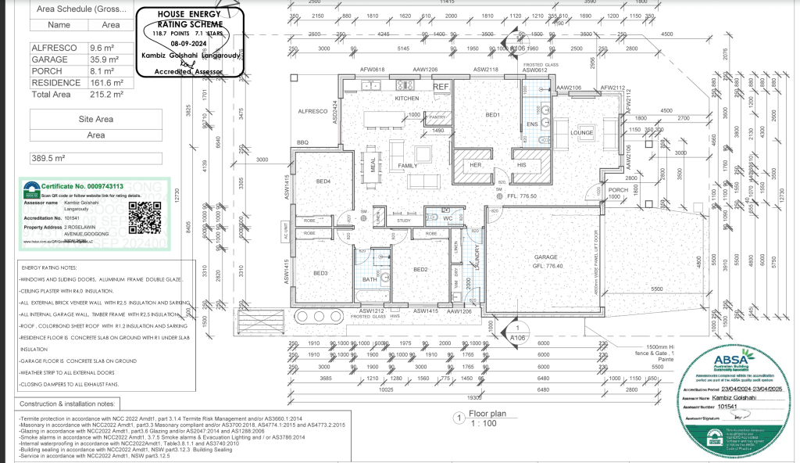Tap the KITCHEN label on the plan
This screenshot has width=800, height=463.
coord(407,99)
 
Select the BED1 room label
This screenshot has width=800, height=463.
coord(492,115)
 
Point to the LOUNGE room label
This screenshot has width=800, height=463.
coord(583,132)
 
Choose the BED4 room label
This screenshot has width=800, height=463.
coord(323,182)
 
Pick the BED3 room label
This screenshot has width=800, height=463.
coord(321,273)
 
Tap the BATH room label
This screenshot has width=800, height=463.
coord(370,279)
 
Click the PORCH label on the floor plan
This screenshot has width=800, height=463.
coord(618,190)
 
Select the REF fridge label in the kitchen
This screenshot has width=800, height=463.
coord(441,87)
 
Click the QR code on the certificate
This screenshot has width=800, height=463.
coord(144,217)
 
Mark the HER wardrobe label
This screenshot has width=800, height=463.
coord(474,166)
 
